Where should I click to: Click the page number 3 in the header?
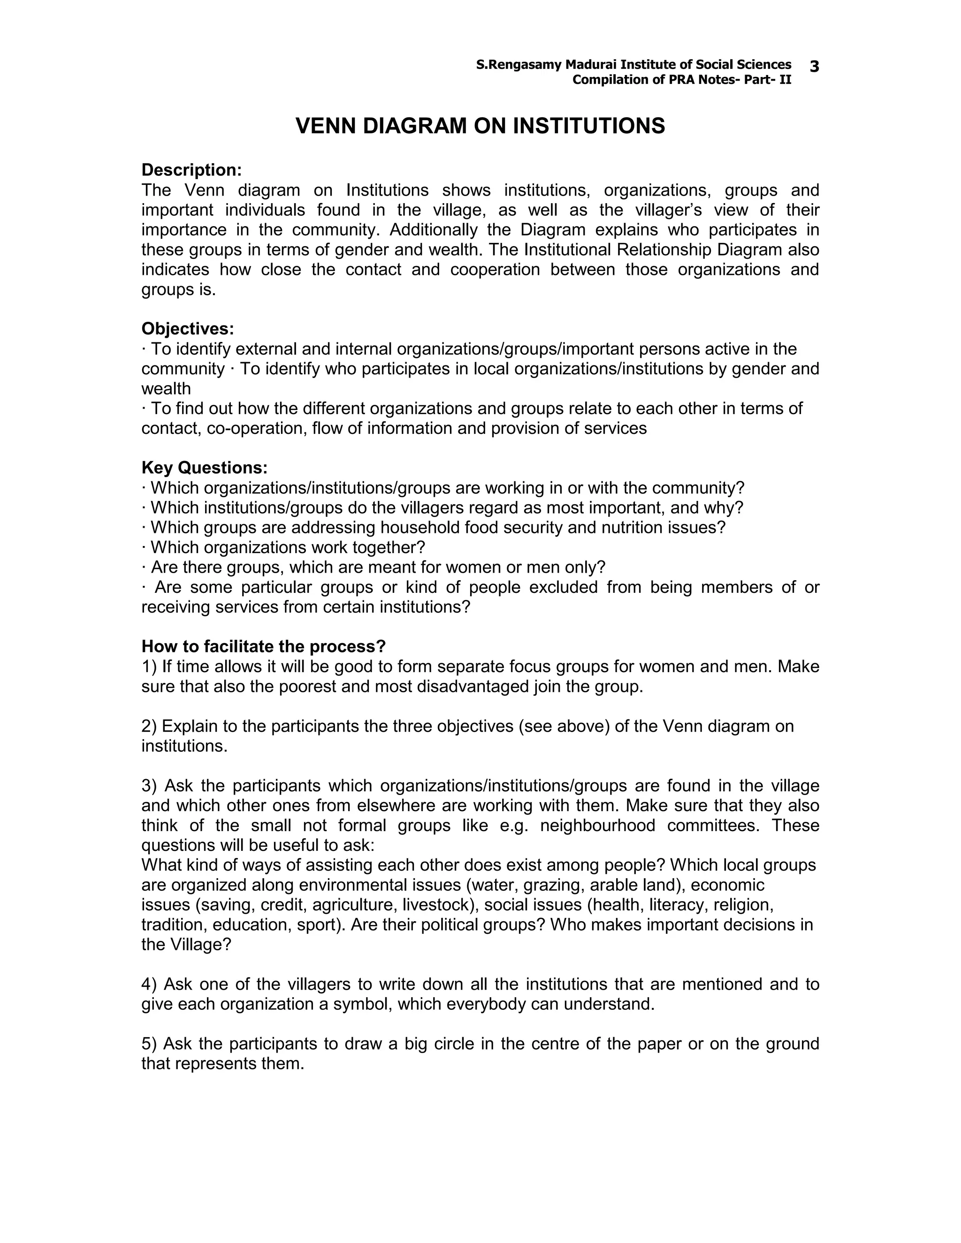click(814, 67)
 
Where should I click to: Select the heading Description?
click(192, 170)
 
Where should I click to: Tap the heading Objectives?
click(188, 328)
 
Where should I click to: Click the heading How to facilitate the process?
click(264, 646)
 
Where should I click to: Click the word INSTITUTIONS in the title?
click(589, 126)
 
